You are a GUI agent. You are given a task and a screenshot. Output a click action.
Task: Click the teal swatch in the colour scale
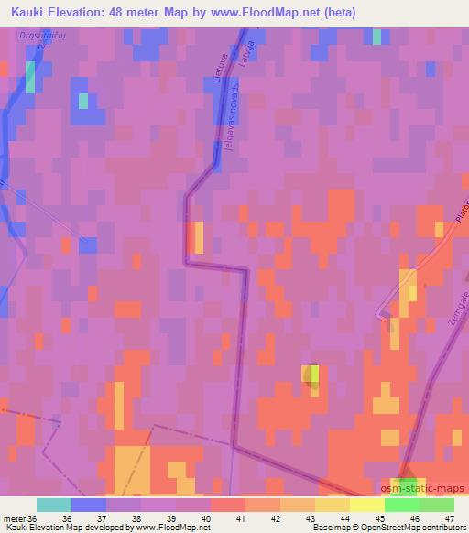53,504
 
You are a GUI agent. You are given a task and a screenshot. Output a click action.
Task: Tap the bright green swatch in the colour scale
402,504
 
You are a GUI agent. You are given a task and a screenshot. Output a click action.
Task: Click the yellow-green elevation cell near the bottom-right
311,374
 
